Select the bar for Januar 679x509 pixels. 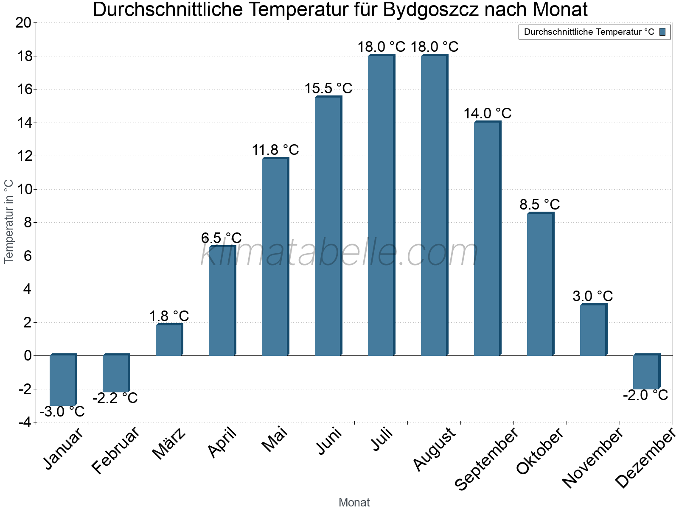pyautogui.click(x=63, y=380)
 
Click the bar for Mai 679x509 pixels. pyautogui.click(x=275, y=257)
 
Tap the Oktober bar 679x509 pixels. pyautogui.click(x=540, y=284)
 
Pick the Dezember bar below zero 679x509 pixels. pyautogui.click(x=646, y=372)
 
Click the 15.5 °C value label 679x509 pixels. pyautogui.click(x=328, y=88)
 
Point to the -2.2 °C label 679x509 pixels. pyautogui.click(x=115, y=398)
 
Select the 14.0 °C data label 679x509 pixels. pyautogui.click(x=488, y=113)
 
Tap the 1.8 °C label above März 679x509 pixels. pyautogui.click(x=169, y=316)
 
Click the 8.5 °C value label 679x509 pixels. pyautogui.click(x=540, y=204)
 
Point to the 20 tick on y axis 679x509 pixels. pyautogui.click(x=23, y=23)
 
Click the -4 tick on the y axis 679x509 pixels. pyautogui.click(x=25, y=422)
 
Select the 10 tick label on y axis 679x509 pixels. pyautogui.click(x=23, y=189)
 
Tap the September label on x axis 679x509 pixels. pyautogui.click(x=486, y=458)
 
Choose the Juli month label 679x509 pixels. pyautogui.click(x=382, y=440)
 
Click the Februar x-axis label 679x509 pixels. pyautogui.click(x=115, y=450)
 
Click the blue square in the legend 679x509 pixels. pyautogui.click(x=663, y=32)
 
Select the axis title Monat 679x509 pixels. pyautogui.click(x=354, y=502)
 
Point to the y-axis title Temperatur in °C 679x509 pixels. pyautogui.click(x=9, y=221)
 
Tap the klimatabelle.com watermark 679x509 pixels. pyautogui.click(x=339, y=253)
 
